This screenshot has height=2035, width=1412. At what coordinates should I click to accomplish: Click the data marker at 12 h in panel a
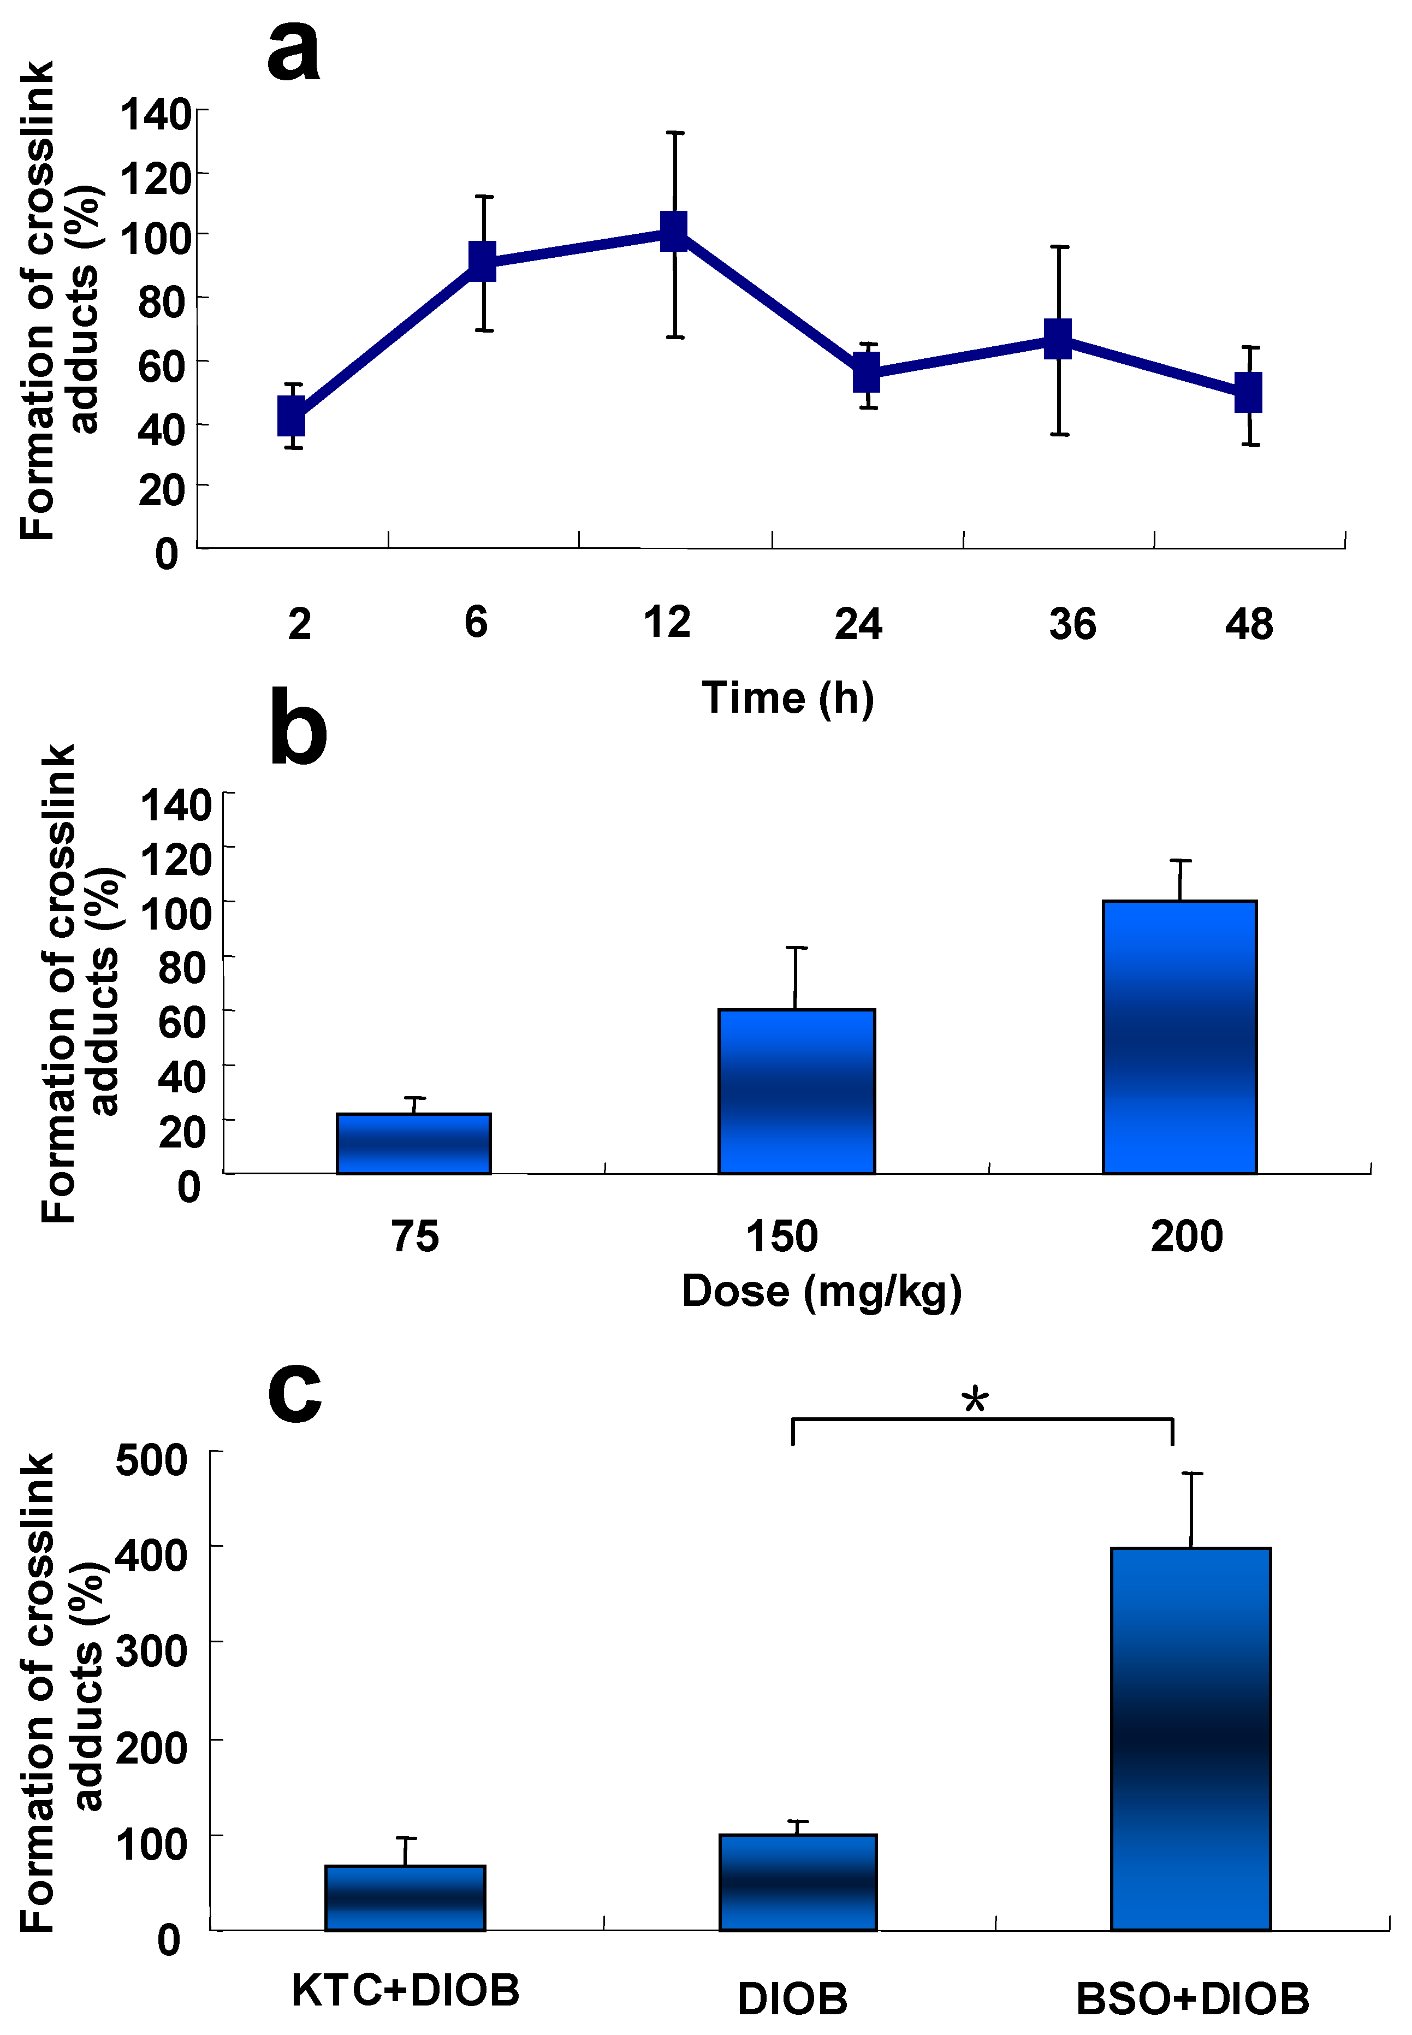674,231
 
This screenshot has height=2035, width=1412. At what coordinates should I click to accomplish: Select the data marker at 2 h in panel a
292,416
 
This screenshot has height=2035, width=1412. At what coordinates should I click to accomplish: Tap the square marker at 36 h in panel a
1058,339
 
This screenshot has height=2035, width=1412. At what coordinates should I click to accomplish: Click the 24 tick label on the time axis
858,625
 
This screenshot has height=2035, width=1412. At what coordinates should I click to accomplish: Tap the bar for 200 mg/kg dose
1179,1037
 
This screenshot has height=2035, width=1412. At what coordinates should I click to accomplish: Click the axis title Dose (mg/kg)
821,1291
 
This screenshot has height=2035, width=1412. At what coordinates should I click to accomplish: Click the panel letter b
298,727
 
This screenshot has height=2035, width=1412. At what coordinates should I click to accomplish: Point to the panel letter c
295,1391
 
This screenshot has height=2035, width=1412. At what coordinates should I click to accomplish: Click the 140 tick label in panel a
156,115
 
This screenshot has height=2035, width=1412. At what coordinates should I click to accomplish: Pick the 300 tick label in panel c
151,1651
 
